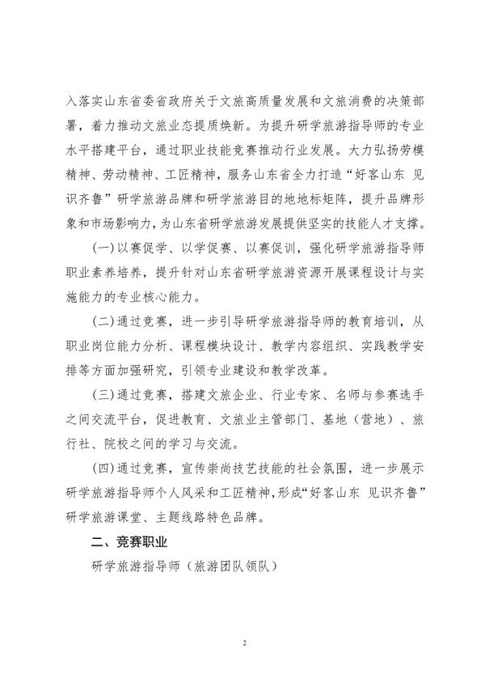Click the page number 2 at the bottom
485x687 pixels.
pyautogui.click(x=242, y=643)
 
